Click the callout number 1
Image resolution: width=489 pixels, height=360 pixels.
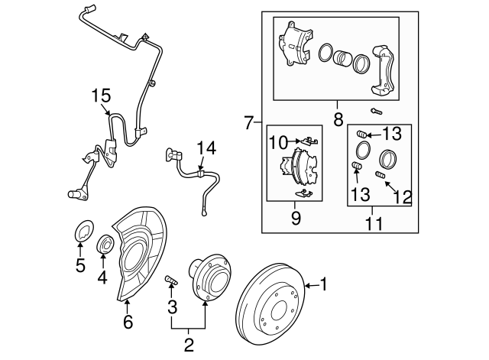click(324, 286)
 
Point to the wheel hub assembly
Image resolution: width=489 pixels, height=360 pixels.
click(208, 278)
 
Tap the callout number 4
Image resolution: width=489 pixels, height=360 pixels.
click(102, 278)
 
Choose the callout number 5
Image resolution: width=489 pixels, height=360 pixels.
click(80, 266)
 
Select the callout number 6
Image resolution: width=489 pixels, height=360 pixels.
click(128, 322)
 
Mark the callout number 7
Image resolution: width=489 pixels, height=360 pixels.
click(248, 122)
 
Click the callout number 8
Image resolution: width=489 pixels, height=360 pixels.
click(338, 118)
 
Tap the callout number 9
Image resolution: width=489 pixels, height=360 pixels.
click(296, 219)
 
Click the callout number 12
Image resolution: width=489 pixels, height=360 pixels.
click(403, 196)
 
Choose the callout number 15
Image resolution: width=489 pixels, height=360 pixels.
click(102, 97)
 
